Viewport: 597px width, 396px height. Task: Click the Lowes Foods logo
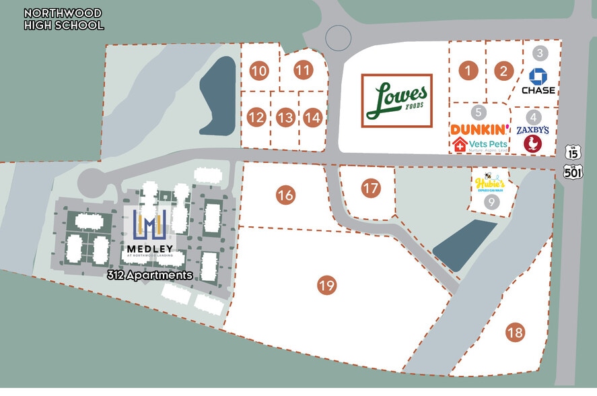397,100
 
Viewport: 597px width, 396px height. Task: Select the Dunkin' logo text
480,129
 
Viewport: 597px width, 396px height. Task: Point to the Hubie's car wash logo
490,183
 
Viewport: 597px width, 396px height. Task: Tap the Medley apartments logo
150,233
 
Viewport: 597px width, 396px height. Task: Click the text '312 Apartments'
150,275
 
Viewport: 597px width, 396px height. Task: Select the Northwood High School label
63,20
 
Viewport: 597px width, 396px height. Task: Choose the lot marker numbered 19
327,286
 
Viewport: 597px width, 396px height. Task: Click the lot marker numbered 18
516,332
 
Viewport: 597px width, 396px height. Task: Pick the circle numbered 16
285,195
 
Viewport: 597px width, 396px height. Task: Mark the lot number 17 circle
370,188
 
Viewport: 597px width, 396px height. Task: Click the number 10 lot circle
258,70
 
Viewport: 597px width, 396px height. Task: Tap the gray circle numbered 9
491,201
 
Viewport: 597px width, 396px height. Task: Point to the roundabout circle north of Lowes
338,38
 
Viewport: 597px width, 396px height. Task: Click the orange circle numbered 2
503,69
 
